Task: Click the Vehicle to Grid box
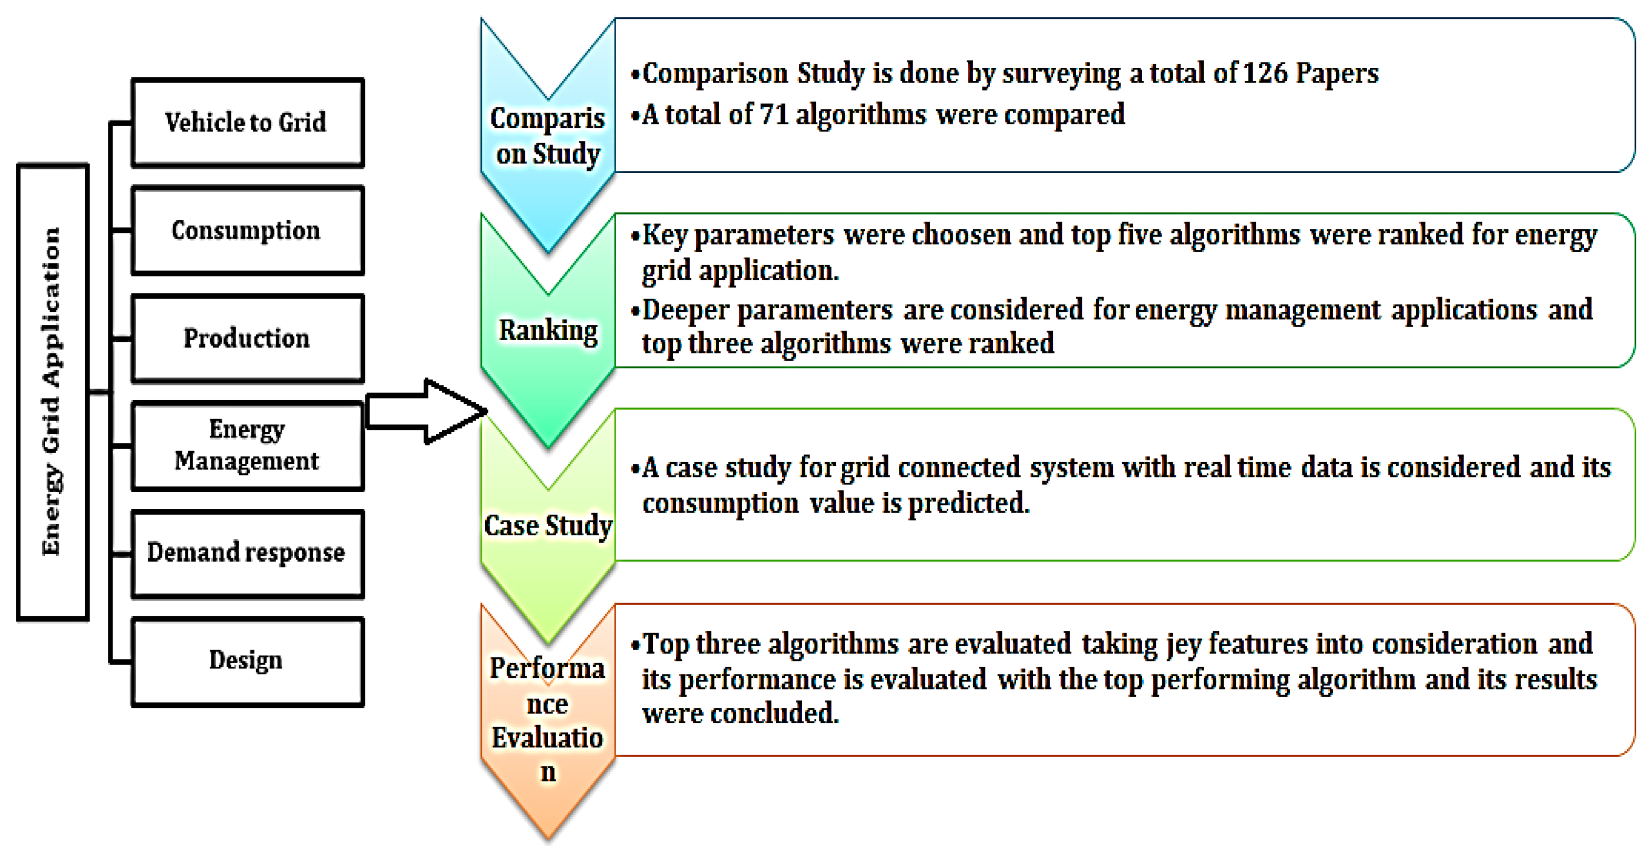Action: [x=247, y=123]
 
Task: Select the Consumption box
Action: [x=247, y=230]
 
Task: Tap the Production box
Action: [x=247, y=338]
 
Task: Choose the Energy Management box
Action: [x=247, y=445]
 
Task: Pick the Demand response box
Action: [x=247, y=553]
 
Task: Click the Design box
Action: [x=247, y=661]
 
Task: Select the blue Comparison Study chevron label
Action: [x=548, y=136]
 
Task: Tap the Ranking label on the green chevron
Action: [x=548, y=331]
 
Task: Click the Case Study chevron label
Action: [x=548, y=525]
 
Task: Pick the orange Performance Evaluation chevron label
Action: [x=548, y=719]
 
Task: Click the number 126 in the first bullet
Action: [x=1265, y=73]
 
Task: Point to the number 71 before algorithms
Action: [x=774, y=115]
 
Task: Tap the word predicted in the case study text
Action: [x=968, y=503]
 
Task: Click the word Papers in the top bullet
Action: [x=1337, y=73]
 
